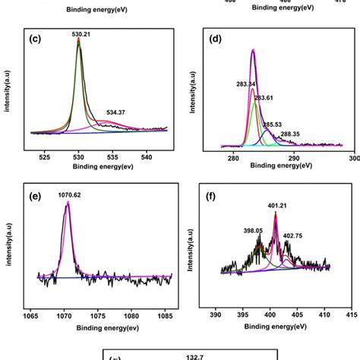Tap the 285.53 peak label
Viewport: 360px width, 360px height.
[272, 123]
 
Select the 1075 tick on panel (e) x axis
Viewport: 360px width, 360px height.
[98, 313]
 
